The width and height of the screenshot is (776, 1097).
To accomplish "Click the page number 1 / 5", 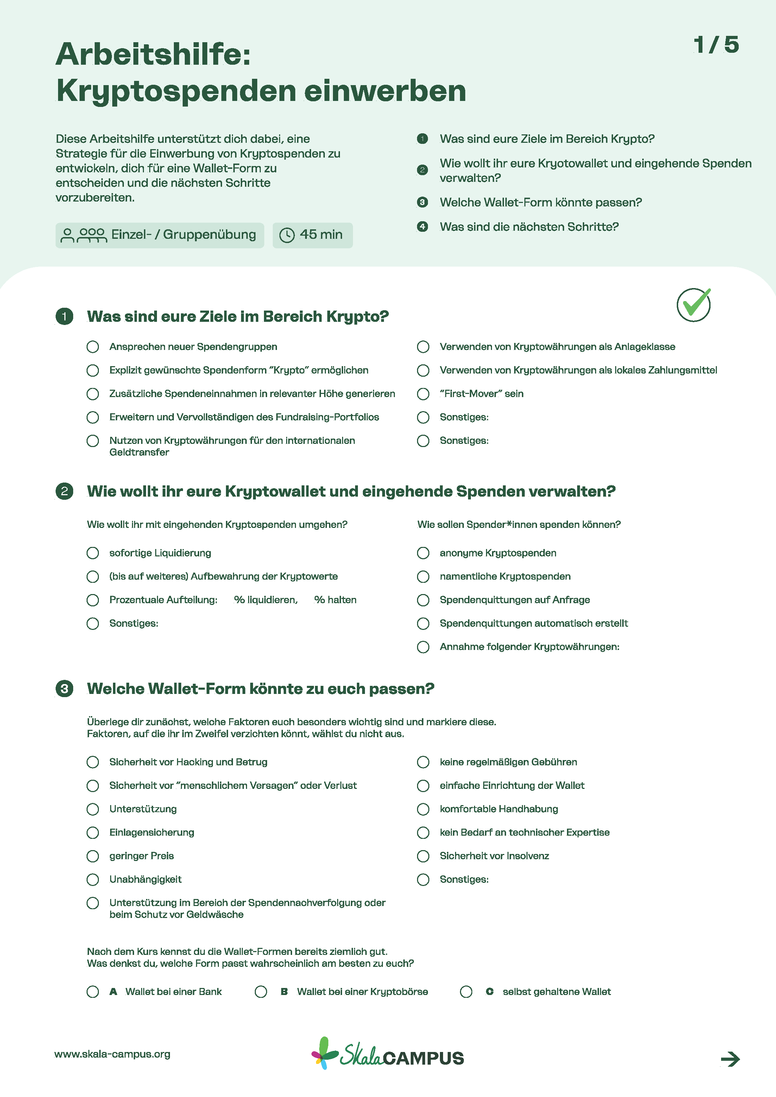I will tap(716, 45).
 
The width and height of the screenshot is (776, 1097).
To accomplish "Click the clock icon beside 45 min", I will tap(287, 235).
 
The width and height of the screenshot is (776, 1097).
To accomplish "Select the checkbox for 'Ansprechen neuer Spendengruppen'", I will tap(93, 347).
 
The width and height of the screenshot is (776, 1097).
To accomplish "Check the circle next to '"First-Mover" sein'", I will tap(423, 394).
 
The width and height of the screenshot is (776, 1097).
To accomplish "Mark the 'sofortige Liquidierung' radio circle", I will tap(93, 553).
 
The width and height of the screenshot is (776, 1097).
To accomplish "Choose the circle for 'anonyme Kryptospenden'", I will tap(423, 553).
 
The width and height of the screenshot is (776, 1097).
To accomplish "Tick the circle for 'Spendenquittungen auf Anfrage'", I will tap(423, 600).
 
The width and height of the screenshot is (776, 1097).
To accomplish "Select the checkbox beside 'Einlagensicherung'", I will tap(93, 832).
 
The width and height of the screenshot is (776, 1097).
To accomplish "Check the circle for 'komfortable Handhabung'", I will tap(423, 809).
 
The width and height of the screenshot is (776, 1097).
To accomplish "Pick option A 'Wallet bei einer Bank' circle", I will tap(93, 991).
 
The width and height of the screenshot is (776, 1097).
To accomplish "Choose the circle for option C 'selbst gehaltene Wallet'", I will tap(466, 991).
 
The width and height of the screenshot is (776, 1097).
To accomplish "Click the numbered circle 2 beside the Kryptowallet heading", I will tap(64, 491).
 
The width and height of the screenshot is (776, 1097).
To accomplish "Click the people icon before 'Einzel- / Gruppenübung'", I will tap(84, 235).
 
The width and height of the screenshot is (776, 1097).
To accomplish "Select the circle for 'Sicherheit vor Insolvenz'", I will tap(423, 856).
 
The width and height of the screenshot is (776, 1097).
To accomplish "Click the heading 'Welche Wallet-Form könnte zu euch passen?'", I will tap(260, 689).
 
